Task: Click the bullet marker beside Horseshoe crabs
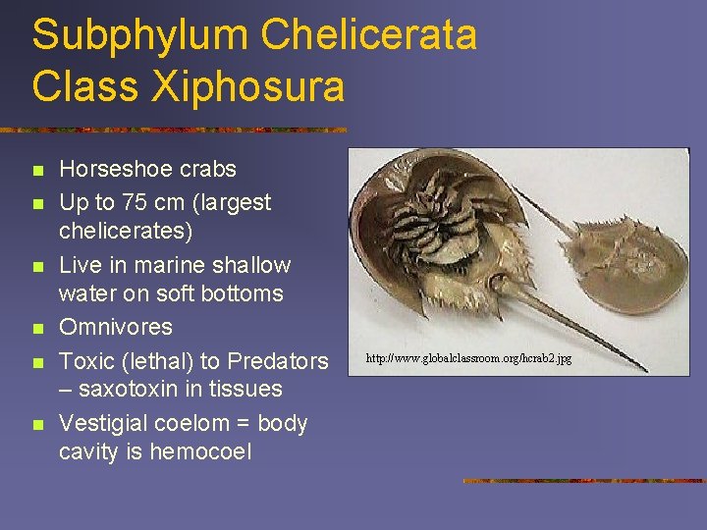(x=38, y=170)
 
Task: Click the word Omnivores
(x=116, y=327)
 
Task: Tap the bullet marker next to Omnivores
(x=38, y=328)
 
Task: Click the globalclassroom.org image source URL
(x=468, y=359)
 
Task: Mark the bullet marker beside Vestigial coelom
(x=38, y=425)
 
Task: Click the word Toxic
(x=86, y=360)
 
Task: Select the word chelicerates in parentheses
(x=126, y=231)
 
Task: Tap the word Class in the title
(x=82, y=86)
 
